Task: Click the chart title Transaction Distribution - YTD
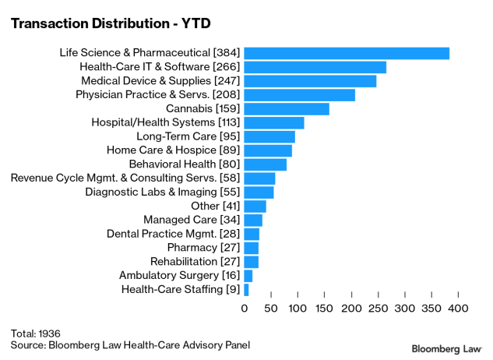111,23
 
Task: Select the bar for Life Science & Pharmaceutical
347,53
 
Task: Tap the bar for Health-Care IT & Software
315,67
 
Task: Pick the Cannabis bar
287,109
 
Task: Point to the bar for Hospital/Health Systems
274,123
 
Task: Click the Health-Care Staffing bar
247,290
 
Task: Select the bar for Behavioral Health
266,164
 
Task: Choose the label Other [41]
216,206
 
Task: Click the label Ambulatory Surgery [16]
179,276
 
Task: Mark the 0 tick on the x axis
245,309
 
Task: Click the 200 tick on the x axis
351,309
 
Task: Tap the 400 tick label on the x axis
458,309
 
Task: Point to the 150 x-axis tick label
324,309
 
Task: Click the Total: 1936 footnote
36,332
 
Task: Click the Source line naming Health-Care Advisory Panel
130,344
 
